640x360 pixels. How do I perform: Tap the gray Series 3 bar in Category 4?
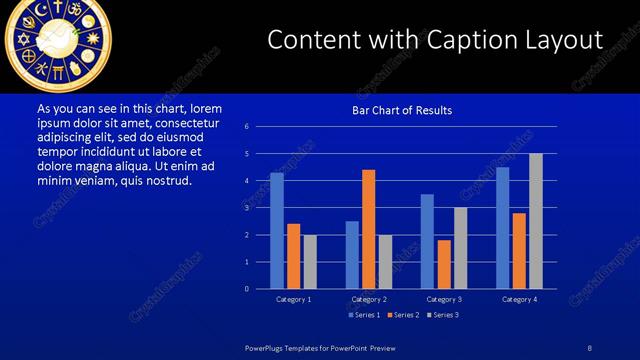[535, 221]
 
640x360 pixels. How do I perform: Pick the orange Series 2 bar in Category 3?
[444, 264]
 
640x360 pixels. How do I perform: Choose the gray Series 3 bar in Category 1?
[310, 262]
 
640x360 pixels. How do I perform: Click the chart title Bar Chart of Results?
[403, 110]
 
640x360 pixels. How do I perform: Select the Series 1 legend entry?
[364, 315]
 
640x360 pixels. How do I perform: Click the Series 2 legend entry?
[403, 315]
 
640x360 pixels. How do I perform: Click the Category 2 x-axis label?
[369, 299]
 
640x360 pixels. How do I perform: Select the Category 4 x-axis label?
[518, 299]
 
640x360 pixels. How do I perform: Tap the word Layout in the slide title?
[563, 39]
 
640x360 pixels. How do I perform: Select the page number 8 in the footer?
[590, 346]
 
